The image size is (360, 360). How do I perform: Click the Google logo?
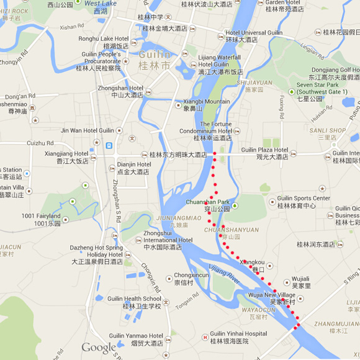[x=98, y=348]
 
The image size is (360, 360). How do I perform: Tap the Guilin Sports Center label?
[x=295, y=202]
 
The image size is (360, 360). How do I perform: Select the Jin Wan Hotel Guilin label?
[x=88, y=130]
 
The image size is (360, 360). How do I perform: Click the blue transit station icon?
[x=109, y=146]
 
